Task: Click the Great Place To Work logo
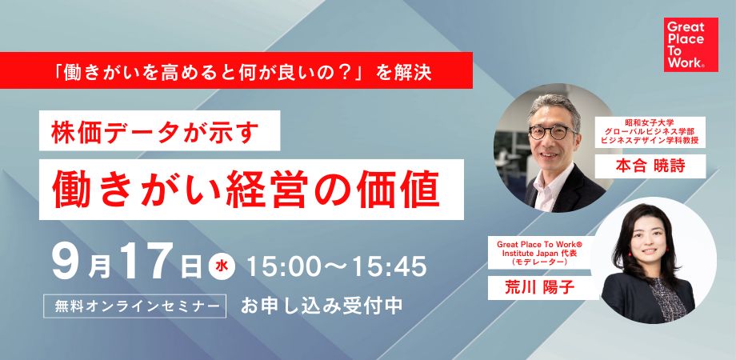coord(685,44)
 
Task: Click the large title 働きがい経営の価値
coord(245,187)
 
